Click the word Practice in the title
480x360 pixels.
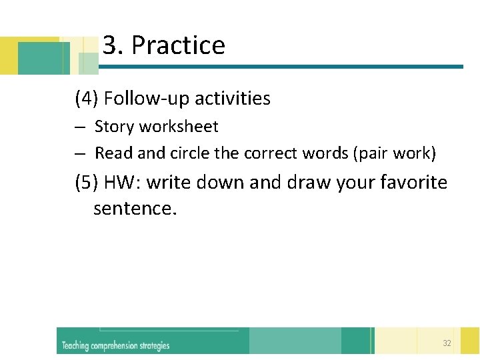tap(178, 45)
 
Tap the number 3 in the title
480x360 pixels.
tap(111, 45)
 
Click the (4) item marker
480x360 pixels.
tap(87, 99)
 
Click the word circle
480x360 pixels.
tap(190, 153)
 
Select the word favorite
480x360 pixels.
tap(415, 182)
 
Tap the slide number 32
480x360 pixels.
tap(447, 343)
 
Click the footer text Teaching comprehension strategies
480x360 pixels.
tap(115, 345)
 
